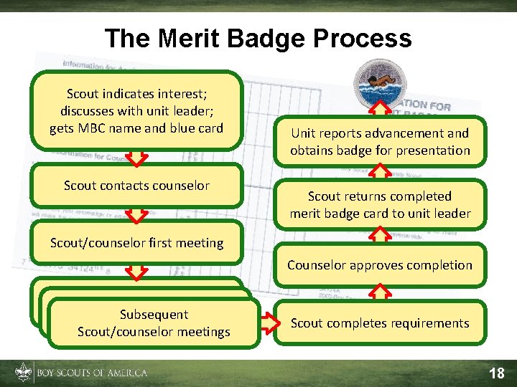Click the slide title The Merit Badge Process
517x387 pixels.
(x=258, y=38)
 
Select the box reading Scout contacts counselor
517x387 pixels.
(x=136, y=186)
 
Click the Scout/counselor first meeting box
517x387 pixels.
(x=136, y=243)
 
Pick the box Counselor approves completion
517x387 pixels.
(x=380, y=264)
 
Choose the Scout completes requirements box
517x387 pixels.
(x=380, y=323)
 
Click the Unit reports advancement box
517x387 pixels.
(x=380, y=141)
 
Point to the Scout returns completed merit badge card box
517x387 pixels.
(x=380, y=204)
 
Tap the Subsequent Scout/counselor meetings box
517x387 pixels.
(x=154, y=323)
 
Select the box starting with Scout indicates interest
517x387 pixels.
(x=136, y=111)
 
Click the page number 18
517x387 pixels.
(x=496, y=373)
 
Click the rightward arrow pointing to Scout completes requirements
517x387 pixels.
(x=267, y=323)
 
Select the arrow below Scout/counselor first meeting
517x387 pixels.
(x=136, y=269)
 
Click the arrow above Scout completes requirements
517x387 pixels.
(x=380, y=291)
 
